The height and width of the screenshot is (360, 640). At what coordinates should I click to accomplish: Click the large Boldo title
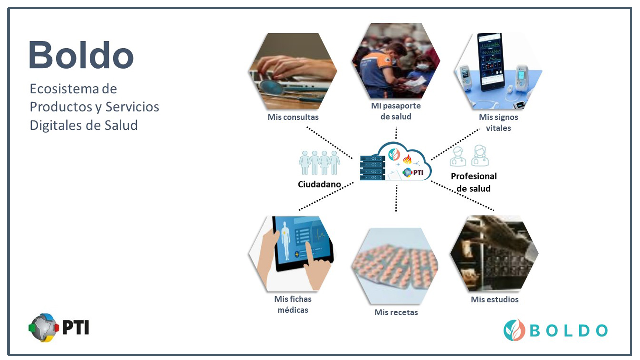(81, 55)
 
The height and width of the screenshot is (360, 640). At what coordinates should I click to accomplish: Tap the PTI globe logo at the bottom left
(43, 328)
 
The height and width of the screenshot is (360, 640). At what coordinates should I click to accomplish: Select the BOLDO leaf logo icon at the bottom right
(514, 330)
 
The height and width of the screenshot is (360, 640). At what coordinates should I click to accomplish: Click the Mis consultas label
(293, 117)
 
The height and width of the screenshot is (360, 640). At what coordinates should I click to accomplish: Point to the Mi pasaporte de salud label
(396, 111)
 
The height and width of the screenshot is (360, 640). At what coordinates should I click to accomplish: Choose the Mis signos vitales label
(498, 123)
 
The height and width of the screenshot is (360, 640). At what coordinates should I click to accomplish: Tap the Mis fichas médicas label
(293, 304)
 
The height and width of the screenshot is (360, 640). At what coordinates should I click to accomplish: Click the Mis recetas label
(396, 312)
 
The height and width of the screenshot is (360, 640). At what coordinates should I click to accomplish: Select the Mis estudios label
(495, 299)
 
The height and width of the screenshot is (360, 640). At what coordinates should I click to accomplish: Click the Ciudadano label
(319, 184)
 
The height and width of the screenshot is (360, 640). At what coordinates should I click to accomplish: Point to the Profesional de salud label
(474, 182)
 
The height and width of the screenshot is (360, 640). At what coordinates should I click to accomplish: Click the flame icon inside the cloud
(407, 159)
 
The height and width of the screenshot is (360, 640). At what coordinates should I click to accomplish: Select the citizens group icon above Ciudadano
(319, 163)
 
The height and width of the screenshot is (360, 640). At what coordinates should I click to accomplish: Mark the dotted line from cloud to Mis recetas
(396, 198)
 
